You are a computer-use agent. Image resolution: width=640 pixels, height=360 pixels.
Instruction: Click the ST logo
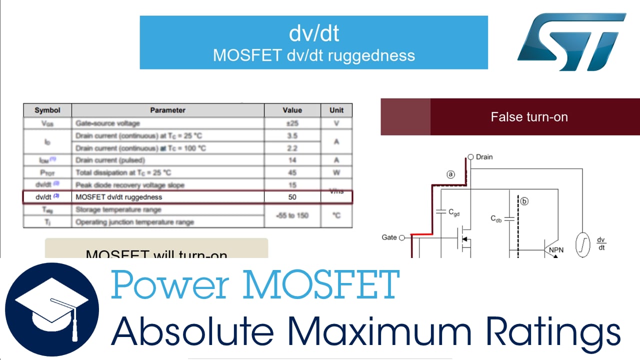click(x=571, y=42)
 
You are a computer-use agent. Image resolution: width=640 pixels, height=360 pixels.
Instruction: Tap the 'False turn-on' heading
click(x=529, y=117)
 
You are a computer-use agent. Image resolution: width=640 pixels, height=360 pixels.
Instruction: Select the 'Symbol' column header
click(x=47, y=110)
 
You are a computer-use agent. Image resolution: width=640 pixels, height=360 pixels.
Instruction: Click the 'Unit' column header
click(x=336, y=110)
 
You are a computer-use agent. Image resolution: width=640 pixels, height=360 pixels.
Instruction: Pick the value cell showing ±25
click(x=292, y=123)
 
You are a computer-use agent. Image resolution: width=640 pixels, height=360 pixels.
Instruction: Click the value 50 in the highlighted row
click(x=292, y=197)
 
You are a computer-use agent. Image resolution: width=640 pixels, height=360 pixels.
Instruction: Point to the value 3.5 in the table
click(x=292, y=135)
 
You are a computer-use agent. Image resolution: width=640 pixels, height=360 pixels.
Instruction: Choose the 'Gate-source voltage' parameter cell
click(x=107, y=123)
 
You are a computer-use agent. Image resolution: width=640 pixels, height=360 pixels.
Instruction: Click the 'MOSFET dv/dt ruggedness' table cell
click(x=118, y=197)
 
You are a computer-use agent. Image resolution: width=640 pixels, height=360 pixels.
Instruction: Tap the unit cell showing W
click(x=336, y=172)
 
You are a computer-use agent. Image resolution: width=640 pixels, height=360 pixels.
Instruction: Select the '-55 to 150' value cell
click(x=292, y=215)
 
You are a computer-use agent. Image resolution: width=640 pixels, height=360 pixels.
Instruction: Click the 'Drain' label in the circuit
click(x=484, y=157)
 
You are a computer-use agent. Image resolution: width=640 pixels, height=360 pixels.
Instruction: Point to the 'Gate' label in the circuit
click(x=389, y=237)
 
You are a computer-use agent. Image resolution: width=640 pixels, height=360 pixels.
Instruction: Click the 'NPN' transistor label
click(x=556, y=250)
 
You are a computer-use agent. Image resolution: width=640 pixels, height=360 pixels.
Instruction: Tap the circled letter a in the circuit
click(x=450, y=174)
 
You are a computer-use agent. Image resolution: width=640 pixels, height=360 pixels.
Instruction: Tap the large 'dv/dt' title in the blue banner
click(x=313, y=33)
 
